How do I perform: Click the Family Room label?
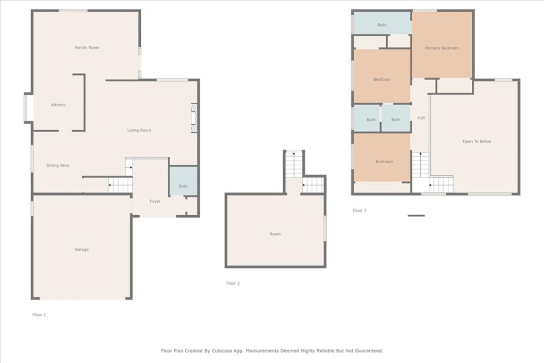coord(87,47)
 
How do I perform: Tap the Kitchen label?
coord(58,105)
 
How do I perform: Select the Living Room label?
coord(139,130)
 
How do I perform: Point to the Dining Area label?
coord(57,165)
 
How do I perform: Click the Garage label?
coord(81,249)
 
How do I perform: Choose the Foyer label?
coord(155,201)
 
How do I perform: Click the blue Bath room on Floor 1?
coord(183,181)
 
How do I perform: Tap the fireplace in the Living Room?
coord(194,117)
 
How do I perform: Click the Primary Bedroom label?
coord(442,48)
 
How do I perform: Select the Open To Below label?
coord(477,141)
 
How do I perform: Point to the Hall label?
coord(421,118)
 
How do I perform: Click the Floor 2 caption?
coord(233,283)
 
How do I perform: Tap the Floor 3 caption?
coord(360,210)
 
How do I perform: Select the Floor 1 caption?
coord(39,315)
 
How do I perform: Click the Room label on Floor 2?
coord(275,234)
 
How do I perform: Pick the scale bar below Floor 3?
coord(416,215)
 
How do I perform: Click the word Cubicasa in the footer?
coord(222,351)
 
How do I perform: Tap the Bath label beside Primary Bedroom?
coord(382,25)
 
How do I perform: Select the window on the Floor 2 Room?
coord(325,228)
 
